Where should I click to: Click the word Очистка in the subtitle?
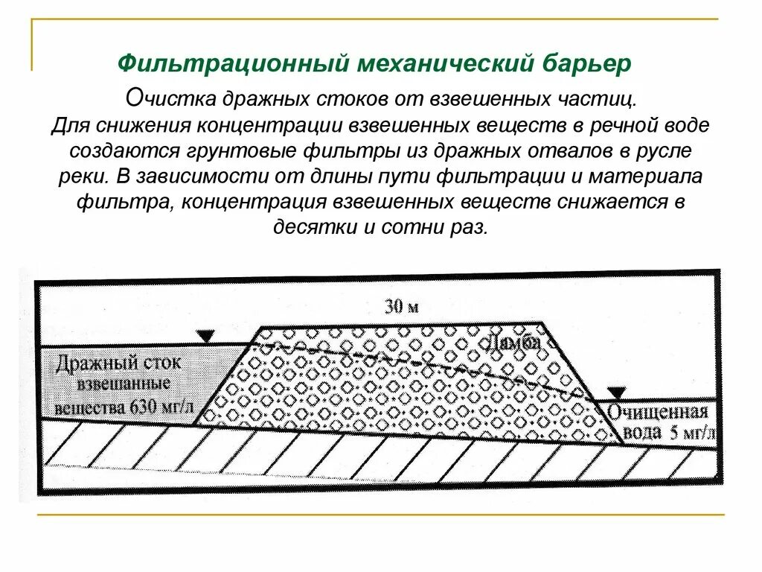[x=164, y=98]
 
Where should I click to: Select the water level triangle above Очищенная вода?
[x=616, y=393]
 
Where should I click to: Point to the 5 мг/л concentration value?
[x=691, y=433]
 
